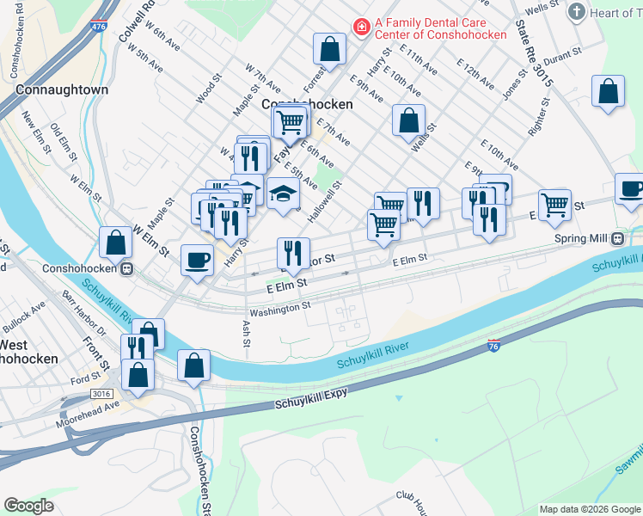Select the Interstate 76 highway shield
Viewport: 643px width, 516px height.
493,345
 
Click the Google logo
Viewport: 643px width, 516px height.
28,506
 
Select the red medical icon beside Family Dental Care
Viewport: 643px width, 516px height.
361,28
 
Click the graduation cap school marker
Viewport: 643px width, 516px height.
281,195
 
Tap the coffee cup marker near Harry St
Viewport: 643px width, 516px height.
198,260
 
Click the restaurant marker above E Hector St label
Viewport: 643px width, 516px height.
293,253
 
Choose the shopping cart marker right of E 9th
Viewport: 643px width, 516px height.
554,205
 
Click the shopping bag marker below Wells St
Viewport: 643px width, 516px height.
409,120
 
